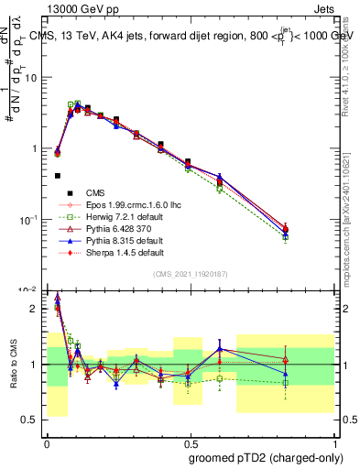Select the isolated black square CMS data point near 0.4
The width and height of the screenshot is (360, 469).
[x=58, y=175]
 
